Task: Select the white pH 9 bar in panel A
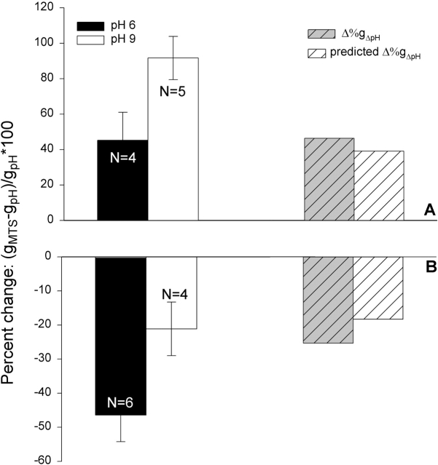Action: [173, 146]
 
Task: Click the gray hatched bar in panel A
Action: [329, 179]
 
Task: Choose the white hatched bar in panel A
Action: [378, 186]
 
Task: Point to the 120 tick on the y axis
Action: [44, 8]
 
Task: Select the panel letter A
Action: [430, 210]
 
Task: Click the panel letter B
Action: [430, 267]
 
